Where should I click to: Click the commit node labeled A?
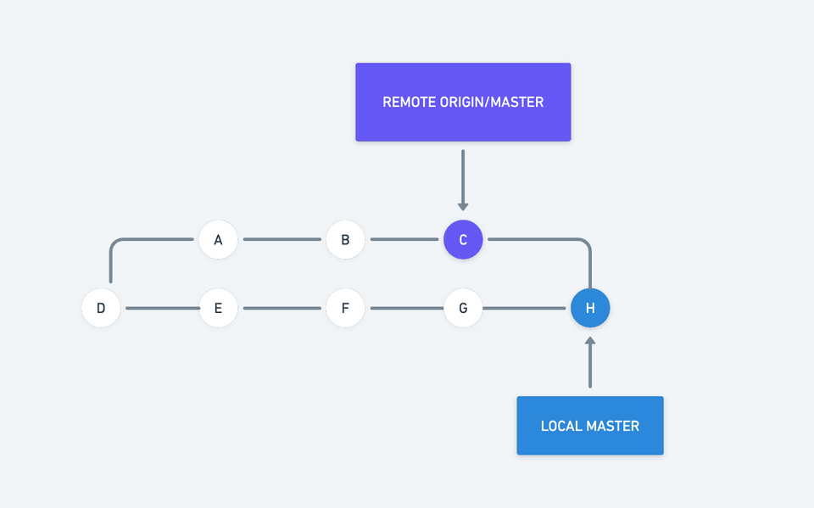point(218,240)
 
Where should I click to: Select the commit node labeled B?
point(345,240)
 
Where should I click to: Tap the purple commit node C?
point(463,240)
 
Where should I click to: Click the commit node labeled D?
point(101,308)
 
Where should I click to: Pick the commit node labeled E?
point(218,308)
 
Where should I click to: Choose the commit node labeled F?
point(345,308)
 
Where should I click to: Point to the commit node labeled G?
point(463,308)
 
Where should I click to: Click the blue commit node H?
point(590,308)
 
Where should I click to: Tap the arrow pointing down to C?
point(463,180)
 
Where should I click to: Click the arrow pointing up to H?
point(590,362)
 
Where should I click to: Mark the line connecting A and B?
point(282,240)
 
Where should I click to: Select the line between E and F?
point(282,308)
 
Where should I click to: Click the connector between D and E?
point(161,308)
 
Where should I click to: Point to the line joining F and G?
point(404,308)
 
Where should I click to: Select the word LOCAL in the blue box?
point(560,426)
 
